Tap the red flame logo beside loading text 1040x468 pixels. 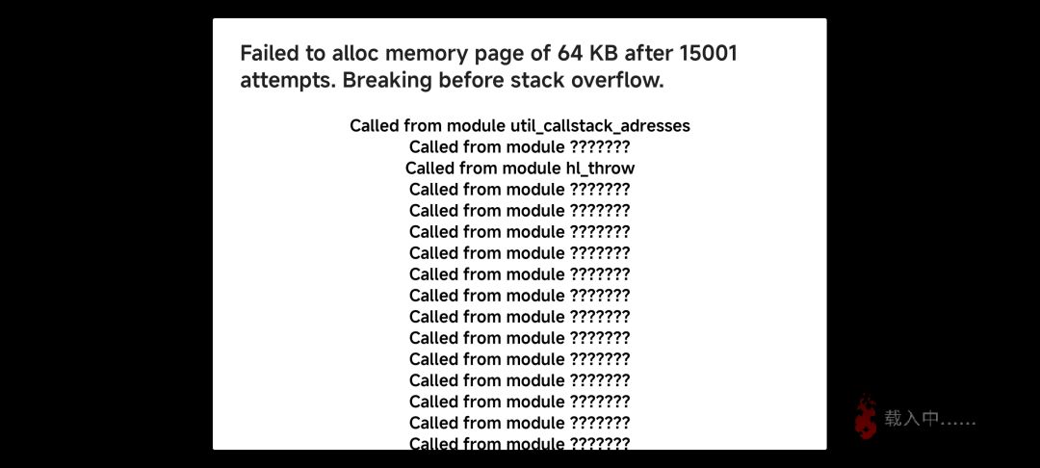[x=866, y=417]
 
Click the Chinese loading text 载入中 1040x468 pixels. [x=912, y=419]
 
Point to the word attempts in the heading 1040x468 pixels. [x=287, y=82]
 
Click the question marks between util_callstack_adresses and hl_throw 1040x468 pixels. [x=600, y=147]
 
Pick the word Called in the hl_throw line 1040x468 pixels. [x=429, y=169]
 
